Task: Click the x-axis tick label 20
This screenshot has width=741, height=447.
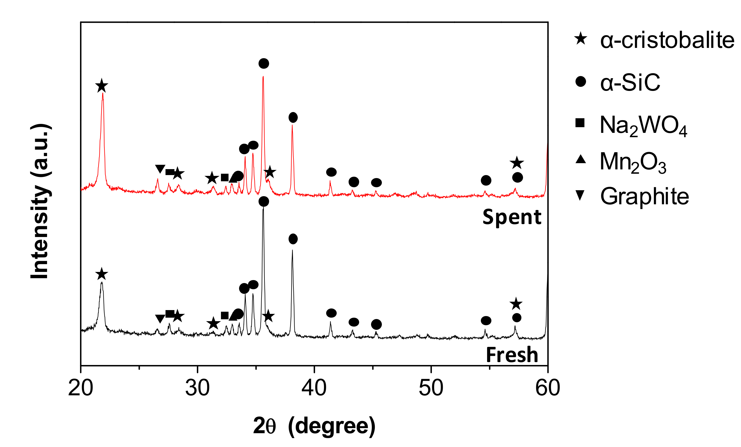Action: (81, 388)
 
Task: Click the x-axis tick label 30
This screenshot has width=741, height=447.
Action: (197, 388)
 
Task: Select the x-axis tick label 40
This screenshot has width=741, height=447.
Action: (314, 388)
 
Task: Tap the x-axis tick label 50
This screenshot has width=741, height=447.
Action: (431, 388)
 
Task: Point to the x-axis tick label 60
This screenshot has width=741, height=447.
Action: (548, 388)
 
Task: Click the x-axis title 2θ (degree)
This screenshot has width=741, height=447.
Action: (314, 426)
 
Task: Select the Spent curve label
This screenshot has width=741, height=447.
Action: (512, 217)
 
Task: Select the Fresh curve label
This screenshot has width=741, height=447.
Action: (512, 355)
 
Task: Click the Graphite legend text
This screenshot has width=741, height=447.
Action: (644, 196)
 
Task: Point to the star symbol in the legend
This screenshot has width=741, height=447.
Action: (580, 39)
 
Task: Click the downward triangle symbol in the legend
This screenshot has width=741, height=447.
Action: (580, 195)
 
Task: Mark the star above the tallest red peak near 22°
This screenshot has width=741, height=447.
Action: (102, 86)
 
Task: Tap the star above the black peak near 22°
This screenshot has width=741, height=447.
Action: (102, 274)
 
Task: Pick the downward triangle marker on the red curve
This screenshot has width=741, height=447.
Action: (160, 169)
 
